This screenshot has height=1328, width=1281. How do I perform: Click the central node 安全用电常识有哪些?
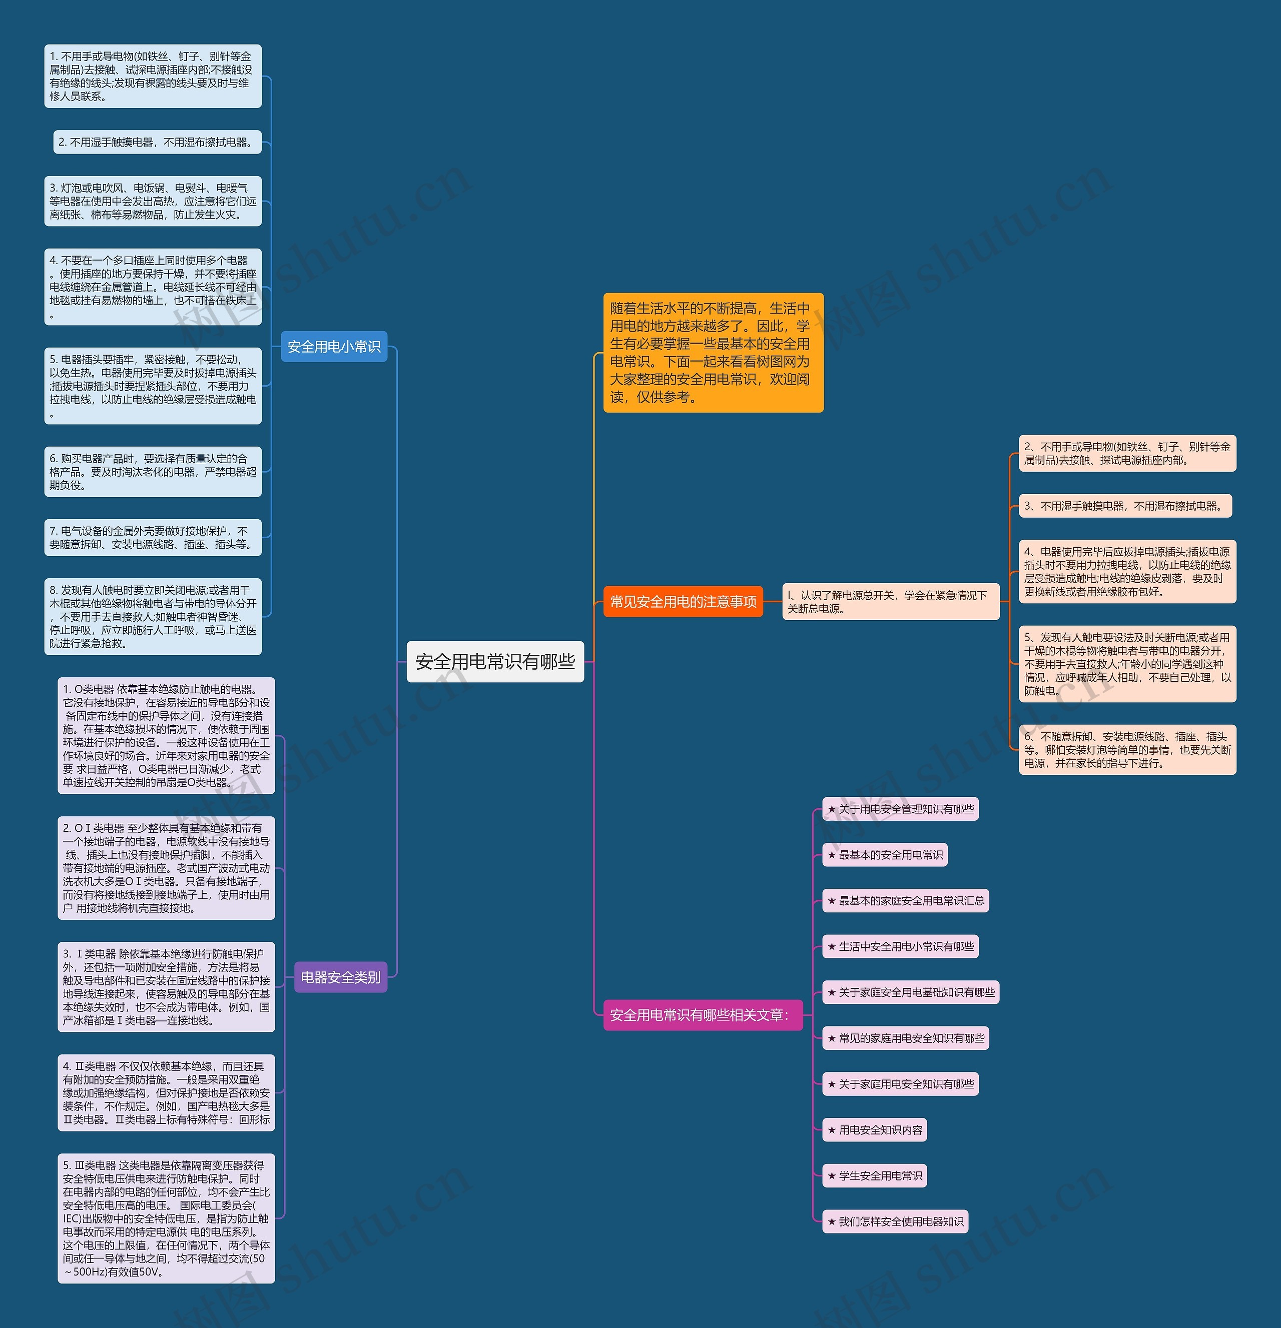tap(495, 661)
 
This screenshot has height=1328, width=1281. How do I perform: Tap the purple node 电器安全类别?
tap(340, 977)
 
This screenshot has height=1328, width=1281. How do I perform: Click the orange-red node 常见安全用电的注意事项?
tap(683, 602)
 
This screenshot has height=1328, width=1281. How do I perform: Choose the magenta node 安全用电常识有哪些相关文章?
tap(702, 1015)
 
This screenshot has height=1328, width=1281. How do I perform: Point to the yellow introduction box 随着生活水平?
tap(713, 352)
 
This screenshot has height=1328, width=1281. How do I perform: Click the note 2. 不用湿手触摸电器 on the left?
tap(157, 142)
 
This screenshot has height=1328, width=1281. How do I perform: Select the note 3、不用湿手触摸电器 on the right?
tap(1125, 506)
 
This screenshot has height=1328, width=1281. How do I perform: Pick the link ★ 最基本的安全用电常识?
tap(885, 855)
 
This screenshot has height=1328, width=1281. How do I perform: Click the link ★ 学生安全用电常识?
tap(874, 1175)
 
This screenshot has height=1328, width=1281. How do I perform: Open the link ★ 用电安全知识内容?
tap(874, 1130)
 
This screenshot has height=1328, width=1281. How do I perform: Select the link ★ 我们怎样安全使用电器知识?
tap(895, 1221)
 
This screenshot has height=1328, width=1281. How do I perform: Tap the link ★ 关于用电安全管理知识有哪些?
tap(900, 809)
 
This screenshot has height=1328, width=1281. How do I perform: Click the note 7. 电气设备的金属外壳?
tap(153, 537)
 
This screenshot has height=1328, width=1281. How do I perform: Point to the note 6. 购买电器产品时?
tap(153, 472)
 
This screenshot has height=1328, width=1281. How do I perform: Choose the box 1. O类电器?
tap(166, 736)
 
